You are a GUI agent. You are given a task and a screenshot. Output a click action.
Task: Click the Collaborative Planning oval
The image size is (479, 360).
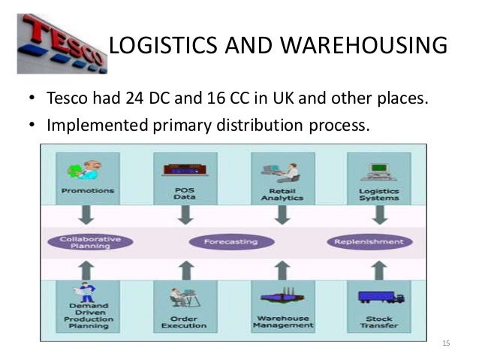point(89,242)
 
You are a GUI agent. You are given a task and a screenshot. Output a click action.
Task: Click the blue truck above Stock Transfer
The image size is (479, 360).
point(380,296)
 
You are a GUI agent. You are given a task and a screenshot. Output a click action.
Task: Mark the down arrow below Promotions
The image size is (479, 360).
point(88,214)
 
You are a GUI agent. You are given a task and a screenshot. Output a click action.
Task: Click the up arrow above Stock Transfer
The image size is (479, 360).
point(380,269)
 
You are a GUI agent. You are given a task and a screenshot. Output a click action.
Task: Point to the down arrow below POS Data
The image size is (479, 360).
point(185,214)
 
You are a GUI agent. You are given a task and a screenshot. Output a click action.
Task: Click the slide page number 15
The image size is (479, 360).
point(446,343)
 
